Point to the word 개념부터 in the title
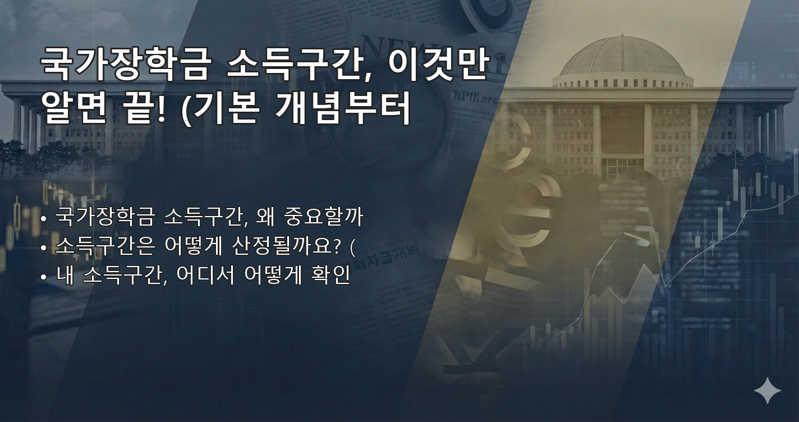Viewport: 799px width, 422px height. pyautogui.click(x=343, y=108)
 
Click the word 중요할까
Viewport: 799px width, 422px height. pyautogui.click(x=325, y=217)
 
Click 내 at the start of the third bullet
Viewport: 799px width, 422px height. pyautogui.click(x=65, y=276)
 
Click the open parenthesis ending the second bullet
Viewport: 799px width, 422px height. pyautogui.click(x=352, y=246)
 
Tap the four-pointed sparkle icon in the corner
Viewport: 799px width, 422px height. pyautogui.click(x=767, y=391)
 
